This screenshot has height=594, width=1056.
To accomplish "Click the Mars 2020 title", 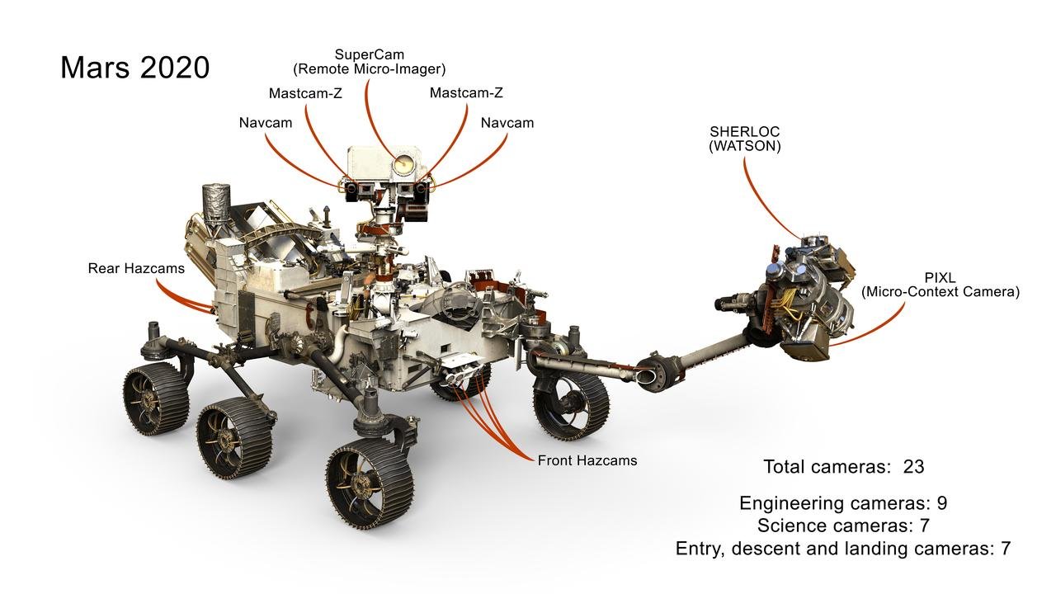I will (x=134, y=67).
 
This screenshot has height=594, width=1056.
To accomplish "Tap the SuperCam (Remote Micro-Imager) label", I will (x=370, y=62).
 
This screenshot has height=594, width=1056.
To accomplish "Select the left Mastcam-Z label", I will (x=305, y=93).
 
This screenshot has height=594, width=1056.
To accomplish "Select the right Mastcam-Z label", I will (x=466, y=93).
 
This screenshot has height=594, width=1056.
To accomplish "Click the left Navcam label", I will (x=266, y=123).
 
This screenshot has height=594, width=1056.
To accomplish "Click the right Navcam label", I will (x=507, y=123).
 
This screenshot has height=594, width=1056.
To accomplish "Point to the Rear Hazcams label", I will (x=136, y=268).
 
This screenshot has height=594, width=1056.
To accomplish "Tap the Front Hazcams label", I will (x=587, y=460).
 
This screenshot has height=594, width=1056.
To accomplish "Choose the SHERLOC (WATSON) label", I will (x=745, y=139).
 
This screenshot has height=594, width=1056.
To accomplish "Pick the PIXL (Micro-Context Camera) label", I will (x=940, y=285).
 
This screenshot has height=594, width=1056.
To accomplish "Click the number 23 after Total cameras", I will (x=913, y=466).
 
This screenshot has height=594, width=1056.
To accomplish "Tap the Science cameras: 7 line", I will (x=843, y=526).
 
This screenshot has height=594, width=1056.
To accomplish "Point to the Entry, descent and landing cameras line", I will (x=842, y=548).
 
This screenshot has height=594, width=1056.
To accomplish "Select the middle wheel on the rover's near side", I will (x=233, y=436).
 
